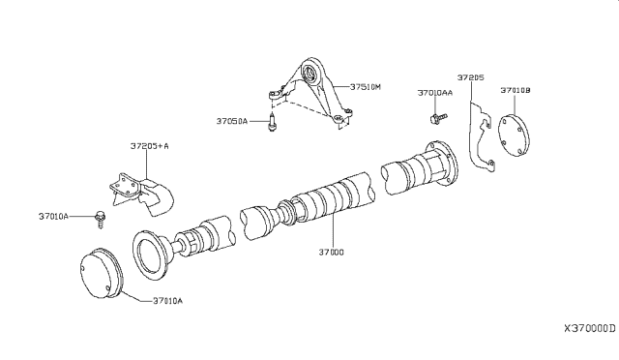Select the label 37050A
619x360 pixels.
233,121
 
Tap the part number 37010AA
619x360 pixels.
434,94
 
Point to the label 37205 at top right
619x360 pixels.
471,75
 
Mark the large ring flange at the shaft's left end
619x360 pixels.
153,255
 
